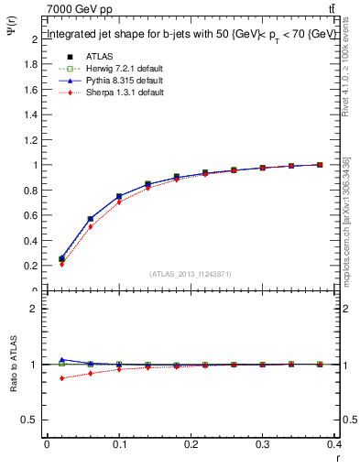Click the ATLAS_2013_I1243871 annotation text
click(191, 274)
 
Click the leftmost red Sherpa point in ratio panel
click(61, 378)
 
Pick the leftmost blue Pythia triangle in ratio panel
click(61, 360)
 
